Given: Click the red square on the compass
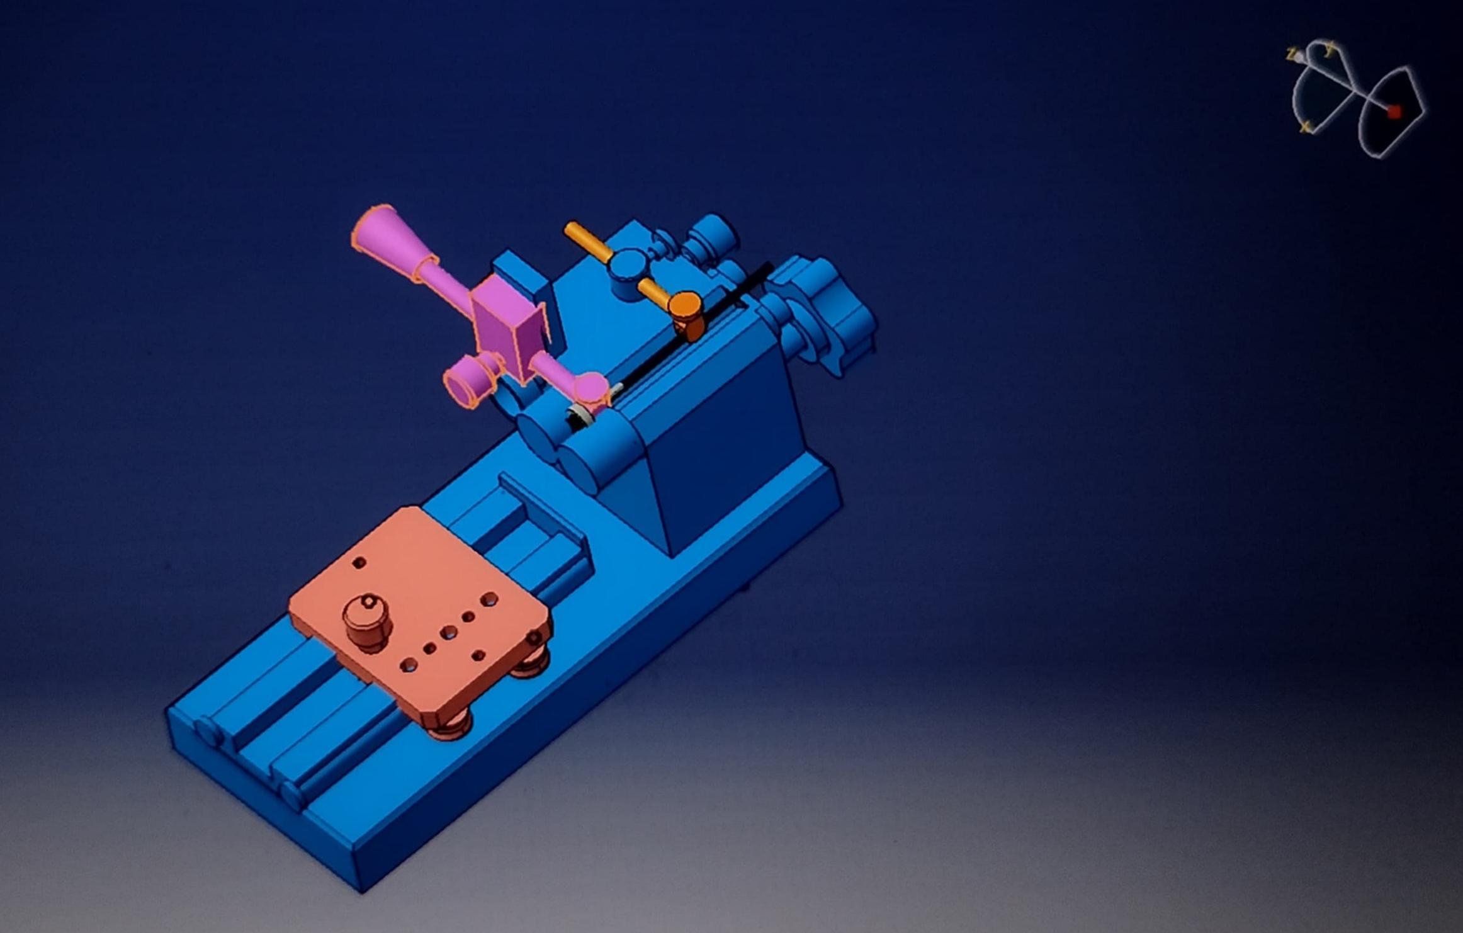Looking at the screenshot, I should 1394,111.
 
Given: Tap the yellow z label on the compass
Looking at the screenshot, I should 1291,54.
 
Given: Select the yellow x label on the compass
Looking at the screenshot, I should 1305,128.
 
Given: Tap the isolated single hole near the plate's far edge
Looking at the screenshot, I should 359,563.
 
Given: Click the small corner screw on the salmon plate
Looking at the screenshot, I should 536,638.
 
